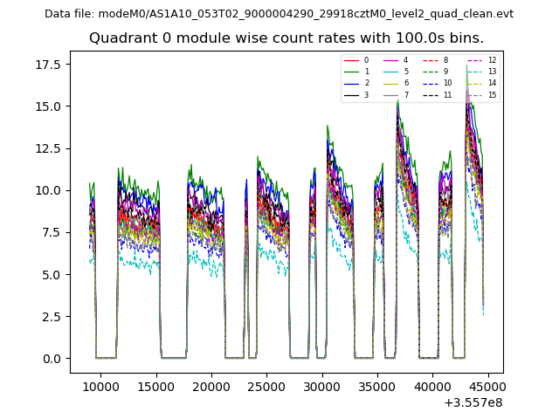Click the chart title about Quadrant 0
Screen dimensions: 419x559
tap(286, 38)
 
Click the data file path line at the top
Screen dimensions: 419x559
tap(279, 14)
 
